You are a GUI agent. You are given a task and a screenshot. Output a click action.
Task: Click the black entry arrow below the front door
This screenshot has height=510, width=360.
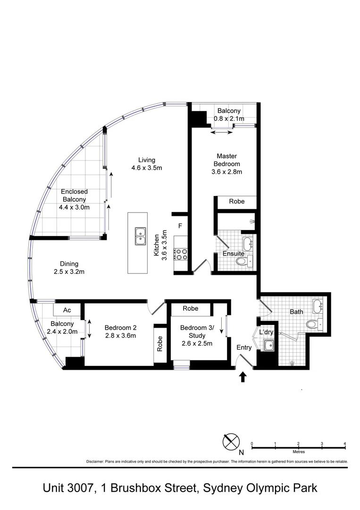(x=243, y=376)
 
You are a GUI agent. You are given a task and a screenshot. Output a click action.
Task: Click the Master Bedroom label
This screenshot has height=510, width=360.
(x=226, y=160)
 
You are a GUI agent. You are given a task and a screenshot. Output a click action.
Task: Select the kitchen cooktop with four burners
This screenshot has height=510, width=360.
(x=181, y=255)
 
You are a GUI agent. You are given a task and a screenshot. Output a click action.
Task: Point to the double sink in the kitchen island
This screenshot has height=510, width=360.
(x=140, y=236)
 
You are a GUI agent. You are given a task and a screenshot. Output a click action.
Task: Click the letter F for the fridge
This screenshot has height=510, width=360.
(x=180, y=226)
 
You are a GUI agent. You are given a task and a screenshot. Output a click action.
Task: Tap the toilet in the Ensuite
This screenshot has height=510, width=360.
(x=241, y=261)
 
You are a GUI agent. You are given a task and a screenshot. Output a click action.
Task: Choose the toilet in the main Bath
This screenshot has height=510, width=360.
(x=311, y=324)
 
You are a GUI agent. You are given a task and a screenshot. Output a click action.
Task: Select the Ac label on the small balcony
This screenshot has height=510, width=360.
(x=67, y=310)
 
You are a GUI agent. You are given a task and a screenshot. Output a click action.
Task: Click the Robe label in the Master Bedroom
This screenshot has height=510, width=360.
(x=237, y=202)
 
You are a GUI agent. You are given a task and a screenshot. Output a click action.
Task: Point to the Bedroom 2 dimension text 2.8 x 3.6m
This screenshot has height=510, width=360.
(x=120, y=336)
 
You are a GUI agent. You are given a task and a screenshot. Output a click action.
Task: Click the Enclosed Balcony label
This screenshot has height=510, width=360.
(x=74, y=195)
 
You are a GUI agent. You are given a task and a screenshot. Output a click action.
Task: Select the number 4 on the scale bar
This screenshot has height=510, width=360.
(x=345, y=443)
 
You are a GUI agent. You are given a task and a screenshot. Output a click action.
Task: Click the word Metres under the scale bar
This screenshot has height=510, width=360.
(x=298, y=452)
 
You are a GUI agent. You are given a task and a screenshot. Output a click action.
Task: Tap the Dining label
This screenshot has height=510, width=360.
(x=69, y=264)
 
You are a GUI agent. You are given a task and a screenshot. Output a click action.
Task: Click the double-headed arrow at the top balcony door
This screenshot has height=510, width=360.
(x=221, y=133)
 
